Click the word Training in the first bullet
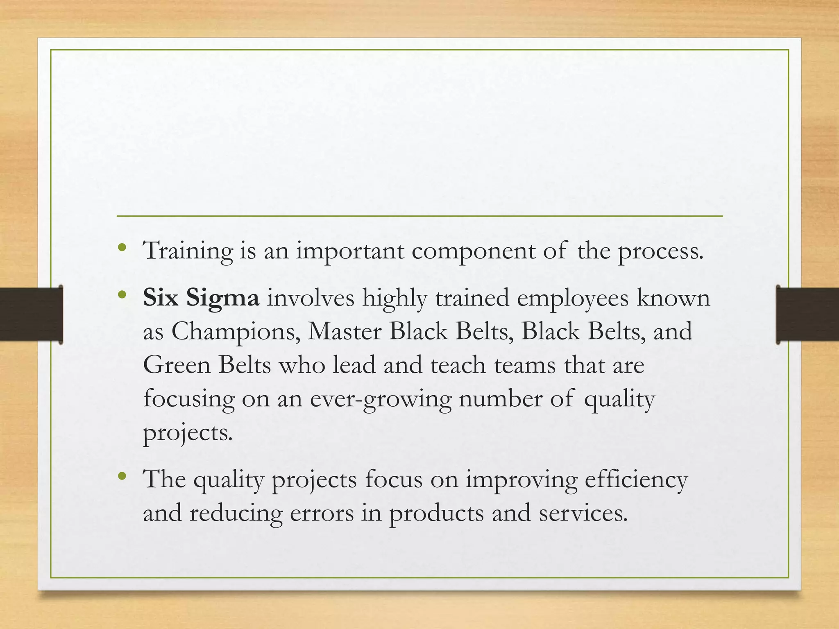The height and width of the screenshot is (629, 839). [188, 251]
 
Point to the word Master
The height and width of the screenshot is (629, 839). [345, 331]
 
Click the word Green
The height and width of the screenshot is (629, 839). [177, 364]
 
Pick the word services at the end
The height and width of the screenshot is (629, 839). [582, 513]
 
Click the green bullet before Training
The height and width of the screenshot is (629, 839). [122, 247]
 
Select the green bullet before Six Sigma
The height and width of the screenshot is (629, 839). [122, 294]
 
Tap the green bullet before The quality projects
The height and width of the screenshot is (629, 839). [122, 476]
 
